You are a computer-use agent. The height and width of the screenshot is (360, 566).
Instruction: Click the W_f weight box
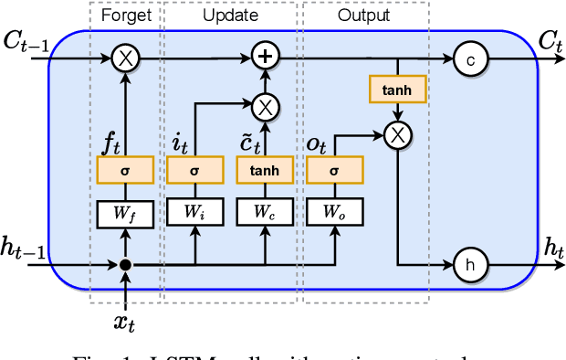click(x=125, y=213)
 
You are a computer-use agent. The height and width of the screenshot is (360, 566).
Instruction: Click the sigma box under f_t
click(x=125, y=169)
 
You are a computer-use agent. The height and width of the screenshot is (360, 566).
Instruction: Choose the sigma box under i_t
click(x=194, y=169)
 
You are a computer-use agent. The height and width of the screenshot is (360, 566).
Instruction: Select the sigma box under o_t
click(x=334, y=169)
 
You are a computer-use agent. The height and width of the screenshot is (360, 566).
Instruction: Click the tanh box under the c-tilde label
click(x=265, y=169)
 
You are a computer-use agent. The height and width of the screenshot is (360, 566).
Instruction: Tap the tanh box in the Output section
click(x=396, y=89)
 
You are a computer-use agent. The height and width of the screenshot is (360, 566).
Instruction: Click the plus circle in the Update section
click(x=265, y=58)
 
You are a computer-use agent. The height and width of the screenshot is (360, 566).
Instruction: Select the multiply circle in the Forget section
click(x=125, y=58)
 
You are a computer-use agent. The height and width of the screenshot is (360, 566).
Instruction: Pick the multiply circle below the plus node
click(x=265, y=106)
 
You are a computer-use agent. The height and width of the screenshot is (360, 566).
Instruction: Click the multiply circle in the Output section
click(x=396, y=135)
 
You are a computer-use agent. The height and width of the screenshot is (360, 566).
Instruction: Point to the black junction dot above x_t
click(x=125, y=265)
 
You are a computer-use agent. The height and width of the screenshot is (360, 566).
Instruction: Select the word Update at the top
click(x=230, y=16)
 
